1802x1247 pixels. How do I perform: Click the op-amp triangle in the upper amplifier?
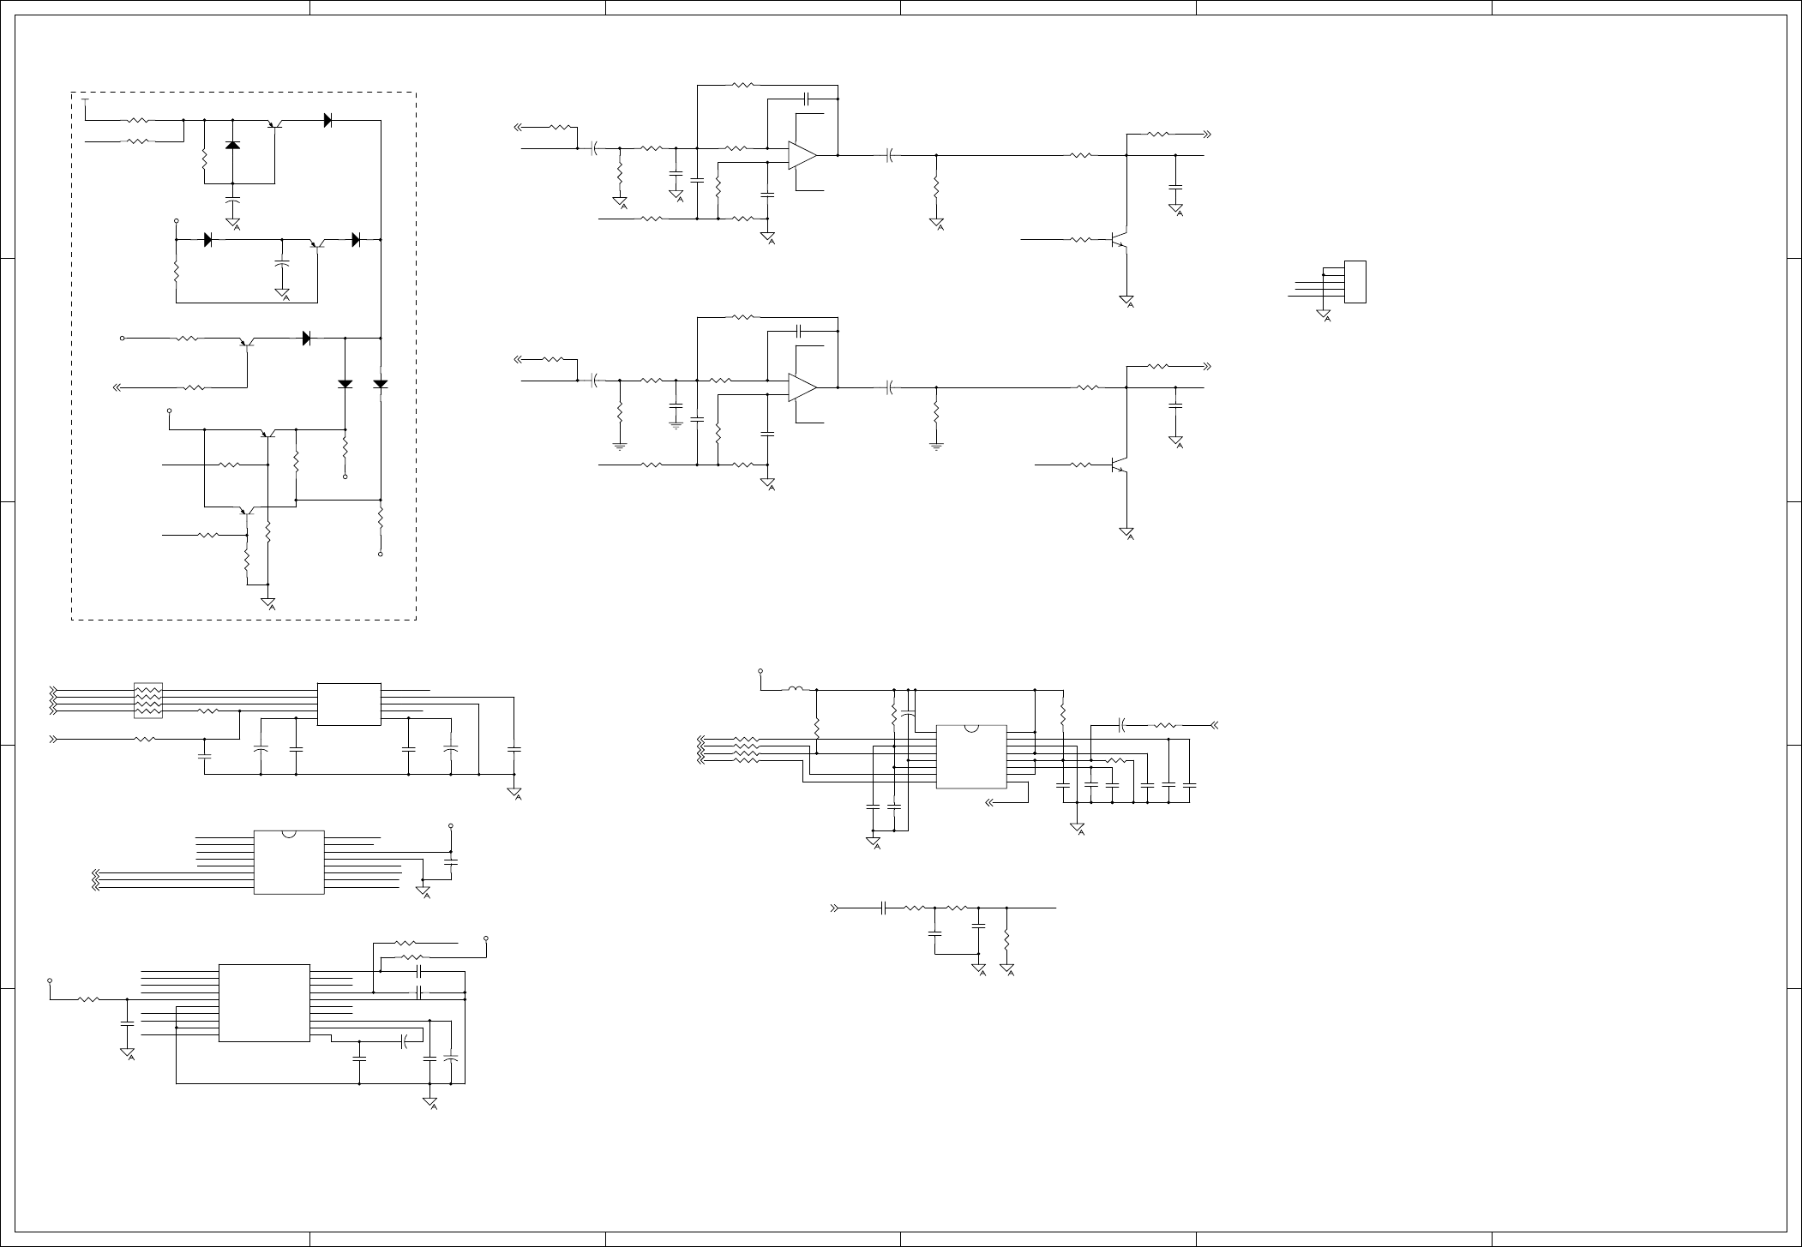click(x=802, y=155)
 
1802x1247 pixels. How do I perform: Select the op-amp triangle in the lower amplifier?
click(x=802, y=387)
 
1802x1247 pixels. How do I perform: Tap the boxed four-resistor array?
click(x=148, y=700)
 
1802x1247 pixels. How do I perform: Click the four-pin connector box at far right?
click(x=1355, y=281)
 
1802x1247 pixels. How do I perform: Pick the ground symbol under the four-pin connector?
click(x=1324, y=315)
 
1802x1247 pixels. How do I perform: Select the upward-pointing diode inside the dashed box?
click(x=232, y=145)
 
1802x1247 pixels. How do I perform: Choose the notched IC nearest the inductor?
click(x=970, y=757)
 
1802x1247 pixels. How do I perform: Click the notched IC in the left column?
click(x=289, y=861)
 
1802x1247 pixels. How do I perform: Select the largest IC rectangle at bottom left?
click(x=264, y=1003)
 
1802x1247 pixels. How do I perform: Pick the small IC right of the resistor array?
click(x=349, y=704)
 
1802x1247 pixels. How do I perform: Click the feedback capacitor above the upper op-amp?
click(x=804, y=99)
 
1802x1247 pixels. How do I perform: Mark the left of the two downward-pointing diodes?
click(x=345, y=384)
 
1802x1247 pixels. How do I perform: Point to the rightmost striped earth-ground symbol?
click(x=936, y=446)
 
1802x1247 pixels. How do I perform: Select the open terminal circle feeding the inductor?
click(x=760, y=671)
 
